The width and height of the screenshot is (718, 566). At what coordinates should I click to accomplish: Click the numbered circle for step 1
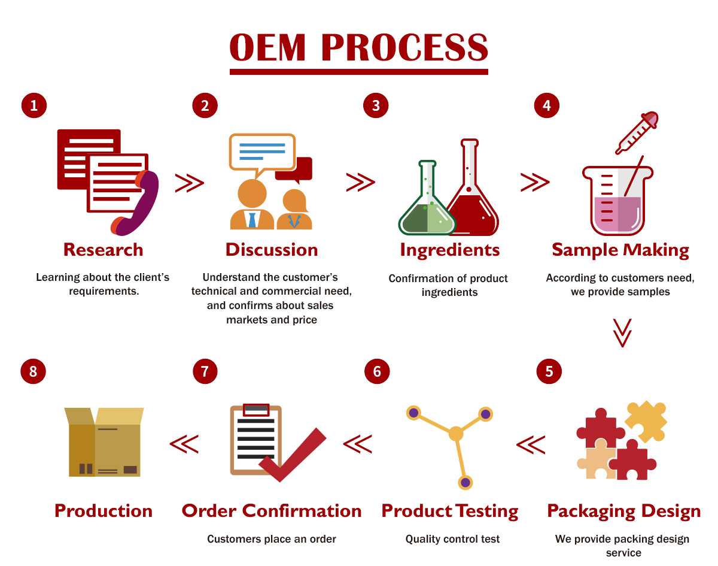(34, 105)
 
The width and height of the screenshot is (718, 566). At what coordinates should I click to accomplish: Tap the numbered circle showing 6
(377, 371)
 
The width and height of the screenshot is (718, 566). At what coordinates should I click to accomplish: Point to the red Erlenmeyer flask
(471, 198)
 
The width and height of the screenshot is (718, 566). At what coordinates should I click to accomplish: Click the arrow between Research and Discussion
(189, 183)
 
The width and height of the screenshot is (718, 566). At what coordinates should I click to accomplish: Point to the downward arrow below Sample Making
(622, 332)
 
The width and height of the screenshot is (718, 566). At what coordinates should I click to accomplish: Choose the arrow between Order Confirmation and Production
(184, 444)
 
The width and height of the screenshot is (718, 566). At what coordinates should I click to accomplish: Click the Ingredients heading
(449, 250)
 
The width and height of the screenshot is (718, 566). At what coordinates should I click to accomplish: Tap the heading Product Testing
(449, 511)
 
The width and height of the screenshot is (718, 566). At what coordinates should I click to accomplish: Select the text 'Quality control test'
(452, 539)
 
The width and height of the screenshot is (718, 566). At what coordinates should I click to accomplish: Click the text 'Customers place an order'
(272, 539)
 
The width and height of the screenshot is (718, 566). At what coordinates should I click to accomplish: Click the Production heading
(104, 511)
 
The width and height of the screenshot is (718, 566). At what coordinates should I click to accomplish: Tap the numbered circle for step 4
(546, 105)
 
